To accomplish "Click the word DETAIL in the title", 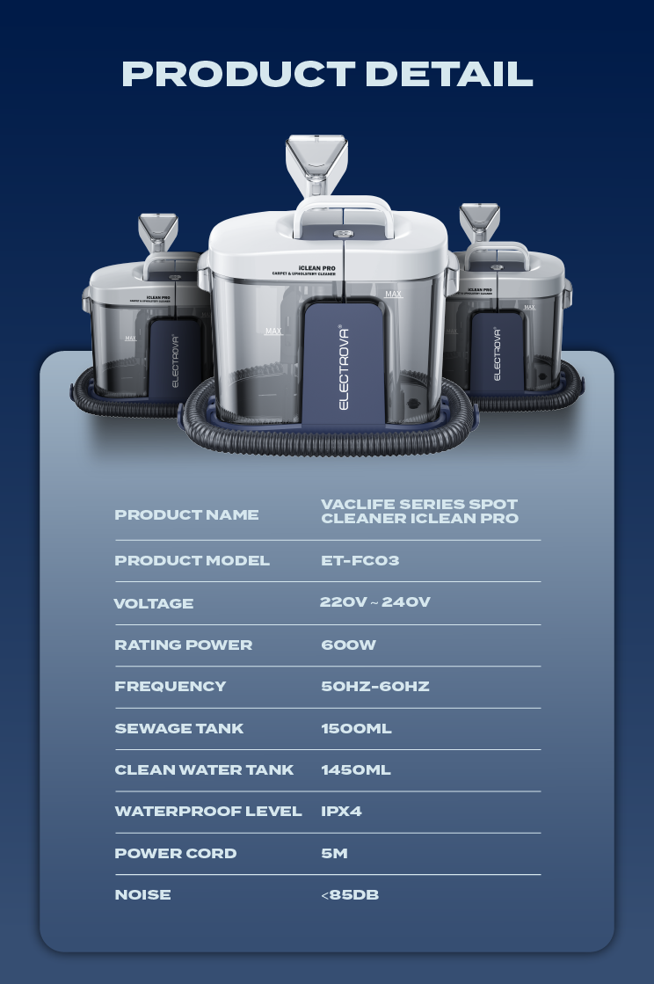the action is point(449,73).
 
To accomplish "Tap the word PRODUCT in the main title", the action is point(238,73).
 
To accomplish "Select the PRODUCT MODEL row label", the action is point(192,560).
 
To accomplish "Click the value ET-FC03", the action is point(360,560).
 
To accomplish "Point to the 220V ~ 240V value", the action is point(375,601).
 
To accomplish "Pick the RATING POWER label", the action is point(183,645).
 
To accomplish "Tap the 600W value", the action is point(349,645).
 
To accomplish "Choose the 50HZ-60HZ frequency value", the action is point(375,686).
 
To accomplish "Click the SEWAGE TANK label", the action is point(178,728).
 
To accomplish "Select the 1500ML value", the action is point(356,728).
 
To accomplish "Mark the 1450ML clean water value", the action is point(355,769).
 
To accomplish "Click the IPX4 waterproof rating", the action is point(341,811).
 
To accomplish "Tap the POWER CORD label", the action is point(176,853).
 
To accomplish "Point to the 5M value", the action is point(334,853).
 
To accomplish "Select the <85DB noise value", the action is point(350,894).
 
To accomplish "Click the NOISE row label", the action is point(142,894).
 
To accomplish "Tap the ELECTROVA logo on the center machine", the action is point(344,368).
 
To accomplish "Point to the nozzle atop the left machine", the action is point(158,232).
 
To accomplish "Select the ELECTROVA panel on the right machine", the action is point(498,352).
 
